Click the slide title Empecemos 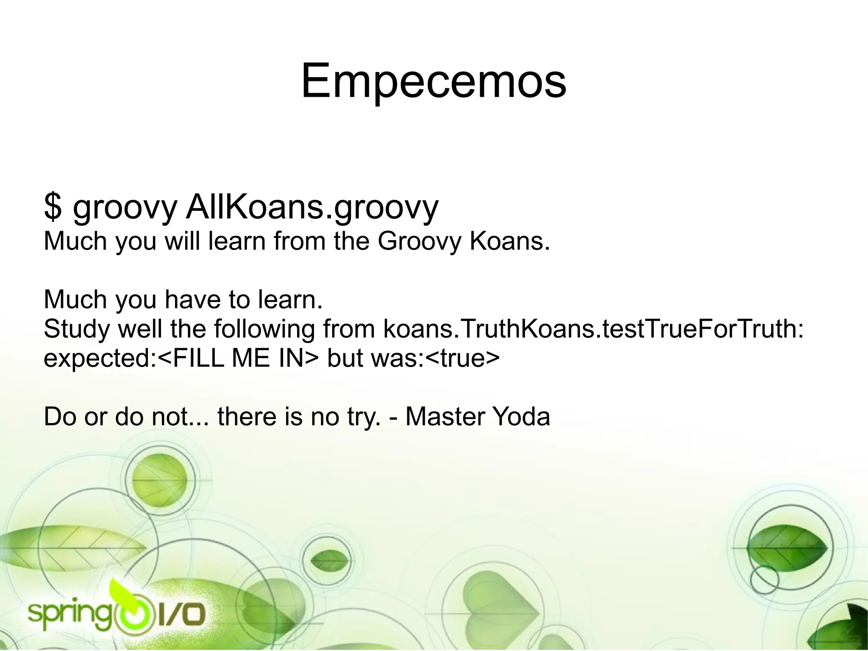[433, 81]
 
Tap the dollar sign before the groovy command [52, 207]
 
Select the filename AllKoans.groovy [312, 207]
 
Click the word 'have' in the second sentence [192, 299]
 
